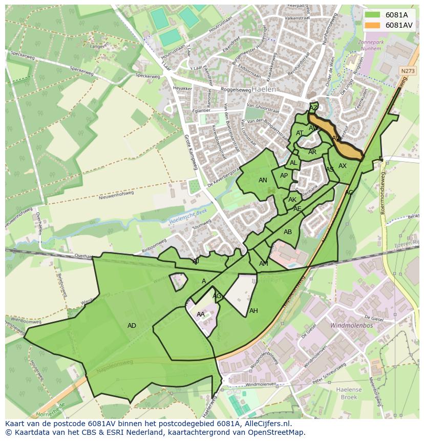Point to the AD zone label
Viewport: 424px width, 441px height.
point(132,326)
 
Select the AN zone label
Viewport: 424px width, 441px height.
point(263,180)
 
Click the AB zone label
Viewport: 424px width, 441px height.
point(288,232)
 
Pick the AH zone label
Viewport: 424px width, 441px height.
point(253,311)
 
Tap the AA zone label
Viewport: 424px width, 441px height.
point(201,314)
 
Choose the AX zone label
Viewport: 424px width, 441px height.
point(343,166)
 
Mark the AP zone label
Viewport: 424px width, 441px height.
point(284,176)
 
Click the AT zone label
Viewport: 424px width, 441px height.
point(300,133)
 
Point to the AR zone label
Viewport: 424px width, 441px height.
point(312,152)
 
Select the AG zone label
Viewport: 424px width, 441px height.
point(217,296)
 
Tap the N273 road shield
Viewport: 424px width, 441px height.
point(407,71)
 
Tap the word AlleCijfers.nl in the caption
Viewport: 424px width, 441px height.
point(268,424)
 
